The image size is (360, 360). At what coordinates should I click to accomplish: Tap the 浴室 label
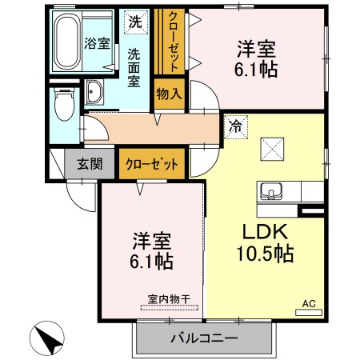click(x=97, y=43)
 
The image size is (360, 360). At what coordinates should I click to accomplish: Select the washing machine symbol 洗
click(x=136, y=22)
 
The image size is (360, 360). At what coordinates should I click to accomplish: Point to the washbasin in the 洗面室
click(x=93, y=94)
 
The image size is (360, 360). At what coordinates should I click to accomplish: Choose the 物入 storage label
click(x=169, y=94)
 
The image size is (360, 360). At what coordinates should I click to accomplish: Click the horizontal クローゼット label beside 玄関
click(x=151, y=164)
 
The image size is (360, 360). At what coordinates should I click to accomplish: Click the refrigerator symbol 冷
click(x=235, y=125)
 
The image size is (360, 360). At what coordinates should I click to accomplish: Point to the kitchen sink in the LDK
click(x=270, y=192)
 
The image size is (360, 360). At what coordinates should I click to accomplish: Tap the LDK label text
click(x=268, y=231)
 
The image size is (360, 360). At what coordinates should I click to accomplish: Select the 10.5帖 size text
click(x=268, y=255)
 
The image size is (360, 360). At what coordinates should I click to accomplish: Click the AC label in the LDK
click(x=309, y=304)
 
